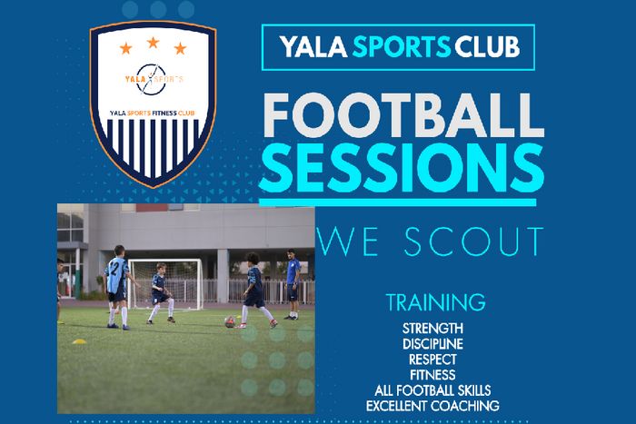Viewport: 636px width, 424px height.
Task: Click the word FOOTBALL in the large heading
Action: [x=403, y=115]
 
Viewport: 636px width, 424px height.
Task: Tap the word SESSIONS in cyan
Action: [x=402, y=167]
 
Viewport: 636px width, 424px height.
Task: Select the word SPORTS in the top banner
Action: [x=402, y=47]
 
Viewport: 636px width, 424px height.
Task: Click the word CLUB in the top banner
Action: [x=487, y=47]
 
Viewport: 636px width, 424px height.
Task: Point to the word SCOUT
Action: [x=473, y=242]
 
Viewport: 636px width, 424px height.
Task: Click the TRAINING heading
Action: [x=435, y=302]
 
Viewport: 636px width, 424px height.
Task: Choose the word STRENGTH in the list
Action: [x=432, y=329]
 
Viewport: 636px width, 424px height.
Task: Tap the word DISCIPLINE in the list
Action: [x=432, y=344]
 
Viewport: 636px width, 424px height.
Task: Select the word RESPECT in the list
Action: [x=432, y=360]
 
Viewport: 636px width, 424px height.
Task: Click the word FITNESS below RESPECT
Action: [x=432, y=375]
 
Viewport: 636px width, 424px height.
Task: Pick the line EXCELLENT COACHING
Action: [x=432, y=406]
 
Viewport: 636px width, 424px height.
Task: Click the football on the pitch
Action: [x=230, y=321]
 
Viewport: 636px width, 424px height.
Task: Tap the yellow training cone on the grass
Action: [x=80, y=341]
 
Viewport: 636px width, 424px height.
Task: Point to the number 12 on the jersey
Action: [x=114, y=269]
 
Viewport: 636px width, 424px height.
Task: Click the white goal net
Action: [x=166, y=284]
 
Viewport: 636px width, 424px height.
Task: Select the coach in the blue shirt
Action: [x=293, y=284]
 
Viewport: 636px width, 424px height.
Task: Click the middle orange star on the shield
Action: [x=153, y=42]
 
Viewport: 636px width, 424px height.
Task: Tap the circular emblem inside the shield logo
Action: [x=151, y=80]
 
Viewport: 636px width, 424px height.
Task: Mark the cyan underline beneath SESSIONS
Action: [x=398, y=202]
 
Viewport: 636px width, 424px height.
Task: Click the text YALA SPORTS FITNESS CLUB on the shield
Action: [x=153, y=113]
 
